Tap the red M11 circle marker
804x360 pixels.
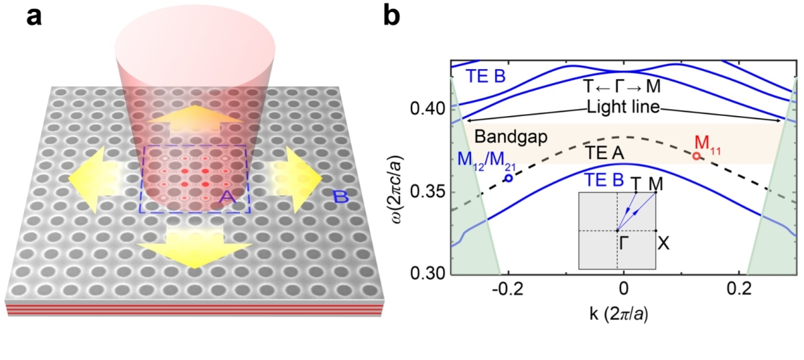697,156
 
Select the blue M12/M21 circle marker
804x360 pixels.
509,178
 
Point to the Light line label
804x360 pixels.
623,107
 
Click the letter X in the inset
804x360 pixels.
663,243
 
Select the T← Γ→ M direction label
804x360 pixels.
623,86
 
